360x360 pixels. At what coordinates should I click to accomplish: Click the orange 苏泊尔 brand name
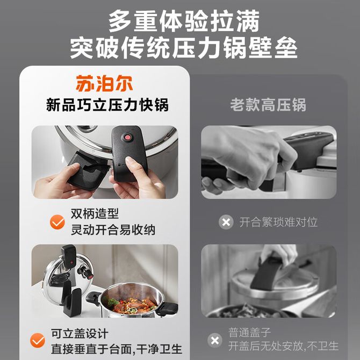click(x=104, y=84)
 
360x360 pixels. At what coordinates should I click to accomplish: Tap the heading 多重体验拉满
click(x=184, y=21)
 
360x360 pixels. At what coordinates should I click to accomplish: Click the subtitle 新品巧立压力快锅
click(x=107, y=105)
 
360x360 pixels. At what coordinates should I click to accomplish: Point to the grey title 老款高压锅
click(x=268, y=105)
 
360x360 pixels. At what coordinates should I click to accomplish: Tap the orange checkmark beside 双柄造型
click(x=57, y=222)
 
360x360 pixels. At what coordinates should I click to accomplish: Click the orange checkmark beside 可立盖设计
click(x=38, y=340)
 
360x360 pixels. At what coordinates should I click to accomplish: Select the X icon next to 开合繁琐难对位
click(x=226, y=222)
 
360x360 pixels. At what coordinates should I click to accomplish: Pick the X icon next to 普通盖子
click(x=215, y=340)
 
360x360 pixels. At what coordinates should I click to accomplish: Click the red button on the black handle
click(x=127, y=138)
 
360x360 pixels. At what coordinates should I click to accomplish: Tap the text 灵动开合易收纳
click(x=113, y=230)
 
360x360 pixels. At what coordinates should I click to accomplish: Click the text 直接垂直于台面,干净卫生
click(x=117, y=349)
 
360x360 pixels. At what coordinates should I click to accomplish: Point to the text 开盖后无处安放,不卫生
click(x=283, y=346)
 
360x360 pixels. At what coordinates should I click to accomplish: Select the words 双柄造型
click(x=95, y=214)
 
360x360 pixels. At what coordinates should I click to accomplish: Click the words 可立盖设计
click(x=80, y=333)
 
